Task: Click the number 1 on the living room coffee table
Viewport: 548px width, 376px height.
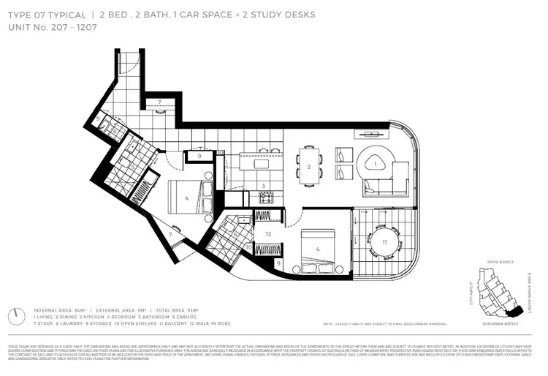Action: [376, 165]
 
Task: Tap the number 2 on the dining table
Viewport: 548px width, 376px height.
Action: [309, 168]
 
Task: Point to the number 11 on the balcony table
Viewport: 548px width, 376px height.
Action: [383, 241]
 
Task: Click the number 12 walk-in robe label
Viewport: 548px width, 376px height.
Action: [268, 234]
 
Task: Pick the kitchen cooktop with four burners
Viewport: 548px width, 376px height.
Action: [267, 198]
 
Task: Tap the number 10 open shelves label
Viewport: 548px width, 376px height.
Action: [249, 247]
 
